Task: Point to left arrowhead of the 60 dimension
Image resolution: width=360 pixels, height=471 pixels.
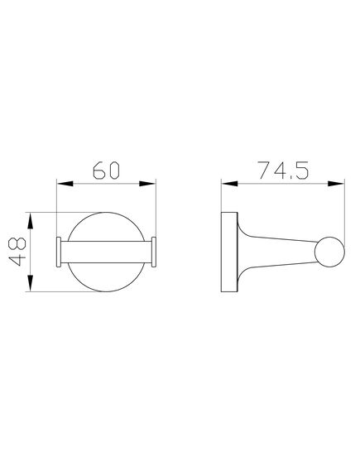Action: (61, 185)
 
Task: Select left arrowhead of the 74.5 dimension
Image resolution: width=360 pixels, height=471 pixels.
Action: (226, 185)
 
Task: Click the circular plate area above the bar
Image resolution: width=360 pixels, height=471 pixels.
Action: (106, 229)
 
